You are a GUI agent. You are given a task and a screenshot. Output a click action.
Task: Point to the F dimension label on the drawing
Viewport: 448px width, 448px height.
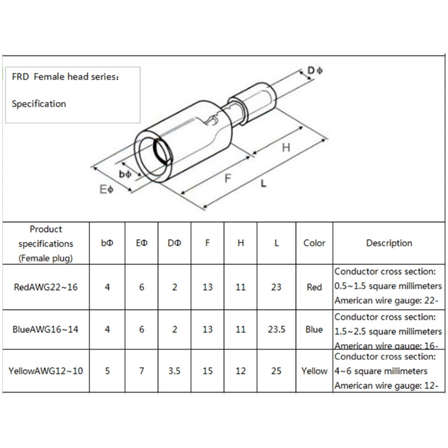(x=228, y=179)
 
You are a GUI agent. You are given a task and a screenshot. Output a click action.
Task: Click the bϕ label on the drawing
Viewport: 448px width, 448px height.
(x=125, y=175)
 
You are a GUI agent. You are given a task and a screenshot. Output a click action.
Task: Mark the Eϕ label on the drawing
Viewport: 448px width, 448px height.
(x=106, y=190)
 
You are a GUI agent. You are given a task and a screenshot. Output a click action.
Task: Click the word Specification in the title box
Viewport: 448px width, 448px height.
(x=39, y=104)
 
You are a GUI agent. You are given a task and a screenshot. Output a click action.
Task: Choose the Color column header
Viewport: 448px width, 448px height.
(x=314, y=243)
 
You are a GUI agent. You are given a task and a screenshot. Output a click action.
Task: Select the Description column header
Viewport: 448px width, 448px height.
(x=389, y=243)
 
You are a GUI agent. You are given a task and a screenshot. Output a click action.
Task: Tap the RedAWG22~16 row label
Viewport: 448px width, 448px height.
(x=45, y=287)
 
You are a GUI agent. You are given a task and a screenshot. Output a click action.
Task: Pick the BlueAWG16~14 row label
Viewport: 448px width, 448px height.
(x=45, y=330)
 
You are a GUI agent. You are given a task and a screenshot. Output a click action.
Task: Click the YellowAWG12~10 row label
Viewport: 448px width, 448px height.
(x=45, y=371)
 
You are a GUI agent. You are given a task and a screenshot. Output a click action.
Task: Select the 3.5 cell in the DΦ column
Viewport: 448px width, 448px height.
(x=175, y=371)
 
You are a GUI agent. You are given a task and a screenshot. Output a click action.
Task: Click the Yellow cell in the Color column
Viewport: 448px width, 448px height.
(x=314, y=371)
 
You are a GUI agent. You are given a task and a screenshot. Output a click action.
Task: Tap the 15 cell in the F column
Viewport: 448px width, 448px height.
(x=208, y=371)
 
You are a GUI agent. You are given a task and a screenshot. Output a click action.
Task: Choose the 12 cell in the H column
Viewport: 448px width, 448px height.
(x=241, y=371)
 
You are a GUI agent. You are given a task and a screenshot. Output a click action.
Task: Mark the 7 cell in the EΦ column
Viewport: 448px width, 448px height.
(x=142, y=371)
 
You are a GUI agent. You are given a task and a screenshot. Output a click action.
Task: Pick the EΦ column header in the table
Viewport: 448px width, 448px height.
(x=142, y=243)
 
